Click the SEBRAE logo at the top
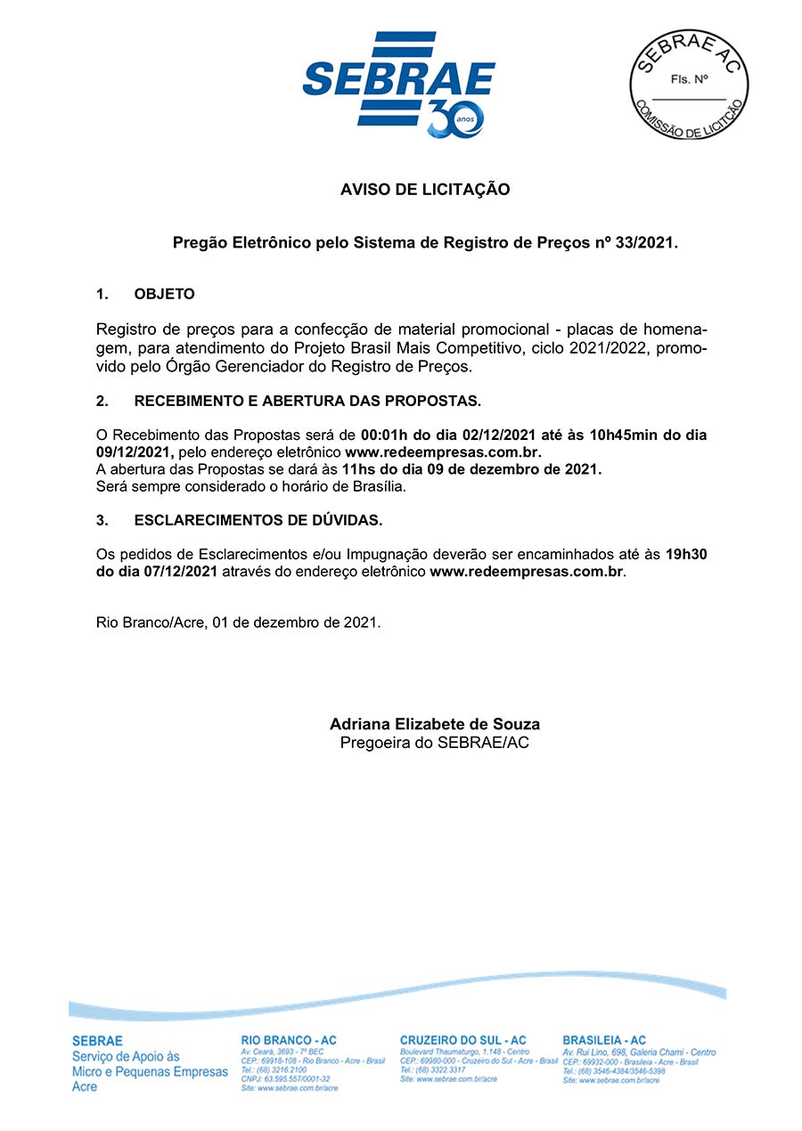click(x=398, y=78)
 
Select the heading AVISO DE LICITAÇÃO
click(x=425, y=190)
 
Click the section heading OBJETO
click(x=164, y=294)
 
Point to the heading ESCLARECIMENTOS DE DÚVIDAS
click(x=258, y=519)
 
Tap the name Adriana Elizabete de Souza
click(x=435, y=724)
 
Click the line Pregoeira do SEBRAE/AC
click(x=435, y=742)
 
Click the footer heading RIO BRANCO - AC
click(x=289, y=1040)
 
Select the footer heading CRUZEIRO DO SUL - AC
click(x=462, y=1040)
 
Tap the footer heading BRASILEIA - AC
click(x=604, y=1040)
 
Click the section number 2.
click(x=102, y=401)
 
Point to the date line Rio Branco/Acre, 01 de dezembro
click(x=238, y=622)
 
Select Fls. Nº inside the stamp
click(x=689, y=78)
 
